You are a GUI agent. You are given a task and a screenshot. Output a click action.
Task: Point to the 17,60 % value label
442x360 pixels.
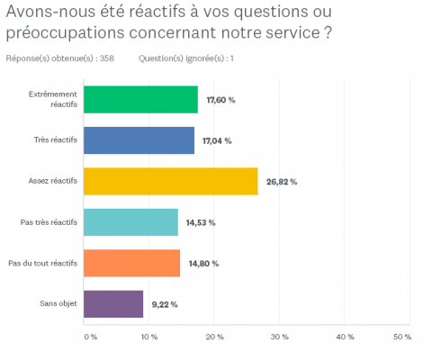pyautogui.click(x=220, y=100)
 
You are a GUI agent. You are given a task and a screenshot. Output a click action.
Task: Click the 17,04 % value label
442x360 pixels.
pyautogui.click(x=216, y=140)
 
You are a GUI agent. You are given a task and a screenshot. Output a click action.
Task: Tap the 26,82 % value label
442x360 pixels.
pyautogui.click(x=281, y=182)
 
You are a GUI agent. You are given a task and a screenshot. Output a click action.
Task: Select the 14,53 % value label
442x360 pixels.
pyautogui.click(x=200, y=222)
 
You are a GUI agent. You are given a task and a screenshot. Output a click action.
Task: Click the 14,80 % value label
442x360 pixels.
pyautogui.click(x=202, y=263)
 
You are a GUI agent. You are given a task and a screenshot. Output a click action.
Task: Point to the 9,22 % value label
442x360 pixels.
pyautogui.click(x=164, y=304)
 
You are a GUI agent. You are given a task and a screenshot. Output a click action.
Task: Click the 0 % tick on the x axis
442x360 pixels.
pyautogui.click(x=90, y=337)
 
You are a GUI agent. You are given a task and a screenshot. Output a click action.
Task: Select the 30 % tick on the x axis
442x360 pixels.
pyautogui.click(x=279, y=337)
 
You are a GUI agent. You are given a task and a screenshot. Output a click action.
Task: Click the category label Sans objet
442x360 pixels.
pyautogui.click(x=60, y=304)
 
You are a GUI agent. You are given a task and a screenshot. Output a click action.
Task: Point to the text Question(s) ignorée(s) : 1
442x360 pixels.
pyautogui.click(x=186, y=58)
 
